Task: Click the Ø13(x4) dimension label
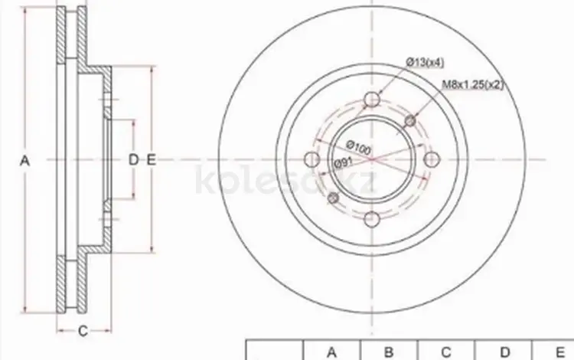point(425,63)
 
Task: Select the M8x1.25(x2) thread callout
point(473,84)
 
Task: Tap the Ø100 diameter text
point(358,147)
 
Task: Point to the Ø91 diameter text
point(343,162)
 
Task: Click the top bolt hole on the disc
point(371,99)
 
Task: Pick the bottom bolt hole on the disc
point(371,219)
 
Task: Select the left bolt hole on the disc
point(312,159)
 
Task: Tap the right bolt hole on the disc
point(432,159)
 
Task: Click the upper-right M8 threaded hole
point(411,120)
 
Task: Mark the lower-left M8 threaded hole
point(333,198)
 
